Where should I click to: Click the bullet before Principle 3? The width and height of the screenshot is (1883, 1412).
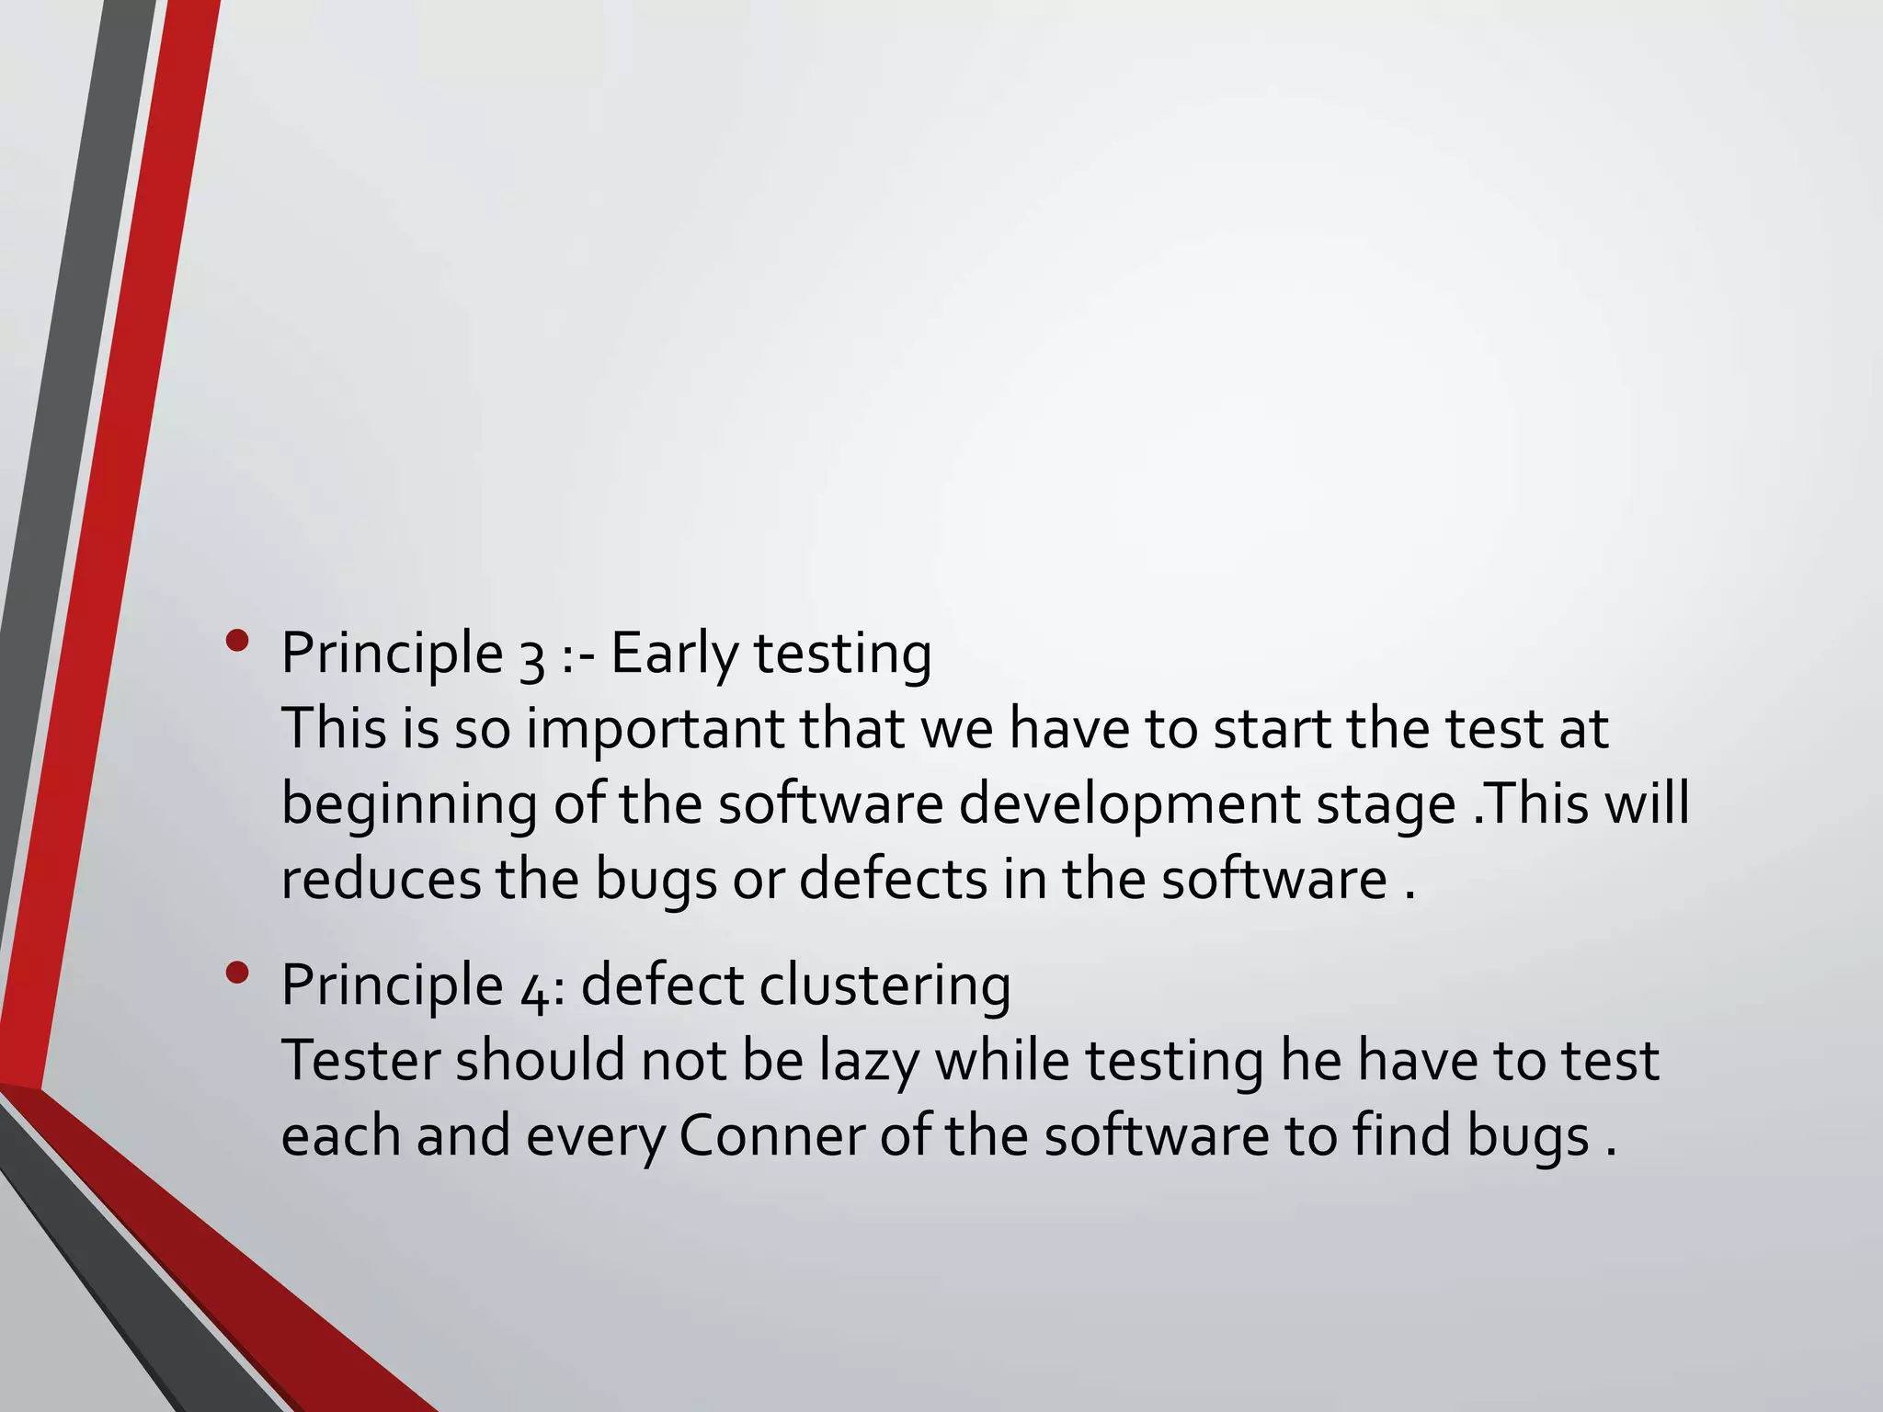(236, 641)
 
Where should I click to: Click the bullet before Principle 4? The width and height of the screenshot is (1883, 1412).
(236, 973)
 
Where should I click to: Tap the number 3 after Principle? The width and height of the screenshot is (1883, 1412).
(531, 656)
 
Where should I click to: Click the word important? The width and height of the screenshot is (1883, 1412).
(654, 729)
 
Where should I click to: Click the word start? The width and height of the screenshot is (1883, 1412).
(1272, 729)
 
